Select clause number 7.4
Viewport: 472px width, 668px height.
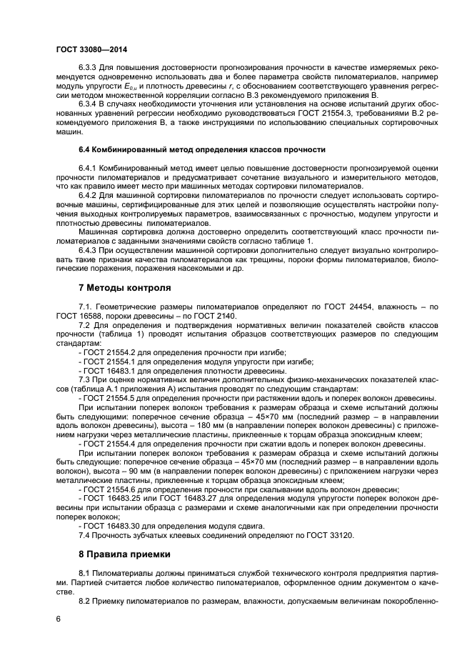click(x=85, y=534)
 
